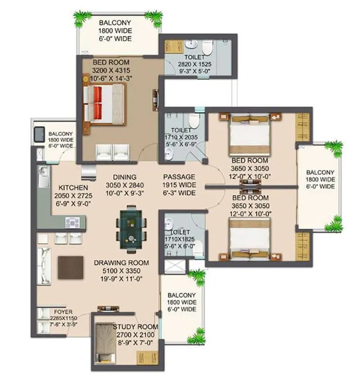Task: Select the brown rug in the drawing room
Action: coord(70,268)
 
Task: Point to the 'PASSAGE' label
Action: coord(179,177)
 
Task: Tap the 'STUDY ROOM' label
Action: coord(135,327)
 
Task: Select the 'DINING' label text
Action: coord(125,177)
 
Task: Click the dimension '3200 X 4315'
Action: coord(110,71)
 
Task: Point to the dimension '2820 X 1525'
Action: coord(195,65)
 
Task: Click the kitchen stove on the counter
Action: coord(72,221)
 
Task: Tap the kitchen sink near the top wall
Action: coord(44,176)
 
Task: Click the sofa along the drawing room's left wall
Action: coord(45,266)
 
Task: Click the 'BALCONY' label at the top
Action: coord(116,22)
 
